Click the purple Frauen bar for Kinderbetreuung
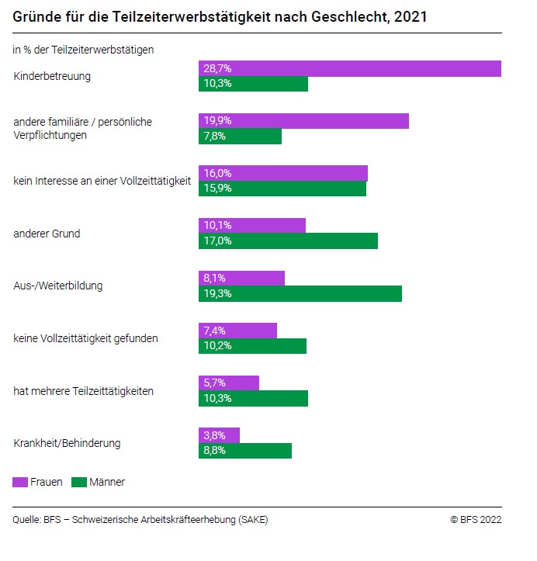click(x=349, y=69)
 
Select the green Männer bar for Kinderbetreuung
click(x=253, y=84)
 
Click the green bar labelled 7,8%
click(x=240, y=137)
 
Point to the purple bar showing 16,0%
click(x=282, y=173)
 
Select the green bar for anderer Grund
click(x=288, y=241)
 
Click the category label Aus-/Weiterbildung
click(x=58, y=286)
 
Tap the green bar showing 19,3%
click(x=300, y=293)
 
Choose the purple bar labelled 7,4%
click(x=237, y=331)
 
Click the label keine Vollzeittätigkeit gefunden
click(x=86, y=338)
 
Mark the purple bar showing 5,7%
click(x=228, y=383)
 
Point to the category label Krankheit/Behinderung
click(x=67, y=444)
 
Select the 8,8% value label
click(x=215, y=451)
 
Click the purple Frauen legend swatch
click(x=20, y=482)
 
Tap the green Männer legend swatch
click(x=78, y=482)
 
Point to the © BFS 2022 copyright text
click(x=476, y=520)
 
